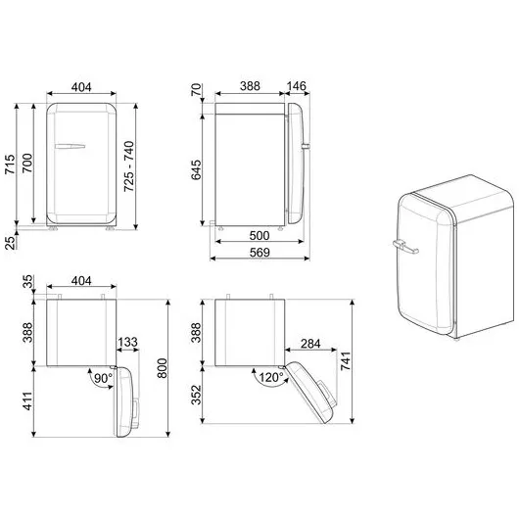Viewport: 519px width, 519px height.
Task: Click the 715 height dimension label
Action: click(x=10, y=164)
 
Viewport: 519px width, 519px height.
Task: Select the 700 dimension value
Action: click(x=27, y=163)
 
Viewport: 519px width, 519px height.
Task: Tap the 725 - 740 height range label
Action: click(x=128, y=165)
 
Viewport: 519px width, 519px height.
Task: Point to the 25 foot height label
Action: click(x=11, y=242)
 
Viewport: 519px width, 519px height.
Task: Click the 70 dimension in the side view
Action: click(x=196, y=89)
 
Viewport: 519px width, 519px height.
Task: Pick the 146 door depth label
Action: click(x=296, y=86)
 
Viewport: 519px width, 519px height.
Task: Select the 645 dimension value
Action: click(x=196, y=169)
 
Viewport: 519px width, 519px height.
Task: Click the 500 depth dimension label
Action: click(x=259, y=235)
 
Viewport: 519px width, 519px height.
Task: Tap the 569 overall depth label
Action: click(x=259, y=253)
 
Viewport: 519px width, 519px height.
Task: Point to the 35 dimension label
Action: click(x=28, y=282)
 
